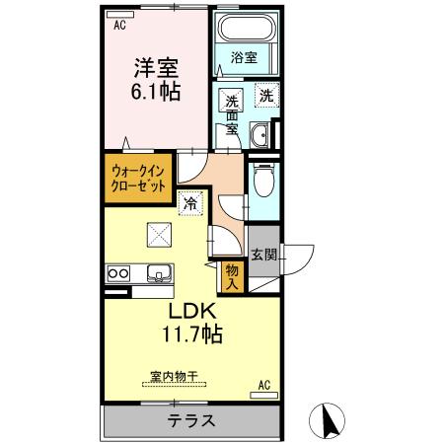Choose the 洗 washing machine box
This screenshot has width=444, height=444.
click(265, 97)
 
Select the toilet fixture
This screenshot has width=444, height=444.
click(262, 181)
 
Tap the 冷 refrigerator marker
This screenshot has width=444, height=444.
click(188, 205)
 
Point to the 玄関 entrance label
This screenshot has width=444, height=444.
click(263, 257)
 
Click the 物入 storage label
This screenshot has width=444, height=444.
click(232, 274)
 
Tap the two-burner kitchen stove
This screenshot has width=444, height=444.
click(118, 273)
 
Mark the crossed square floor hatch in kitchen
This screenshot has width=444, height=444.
click(158, 235)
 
